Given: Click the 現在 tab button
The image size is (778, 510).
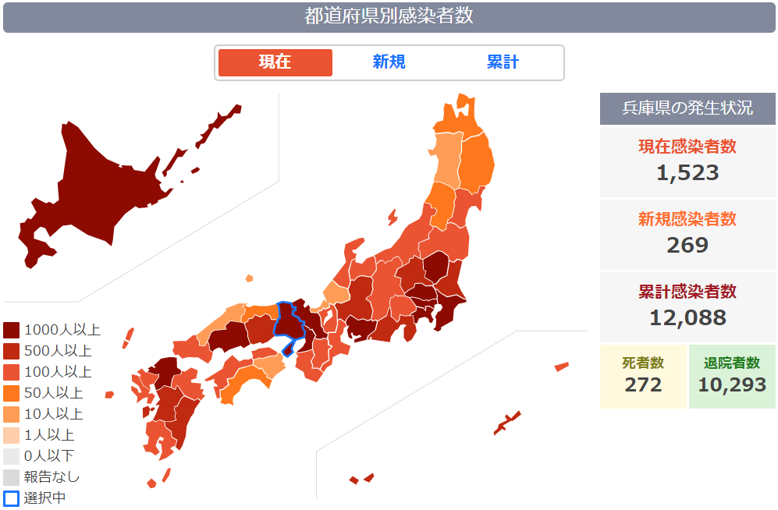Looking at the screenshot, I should tap(275, 62).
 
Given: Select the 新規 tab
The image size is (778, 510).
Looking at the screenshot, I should tap(389, 62).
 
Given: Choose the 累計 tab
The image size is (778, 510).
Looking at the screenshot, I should tap(503, 62).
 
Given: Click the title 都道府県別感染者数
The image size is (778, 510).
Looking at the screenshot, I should tap(389, 16).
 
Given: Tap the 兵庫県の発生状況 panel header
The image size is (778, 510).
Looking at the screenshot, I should tap(687, 108).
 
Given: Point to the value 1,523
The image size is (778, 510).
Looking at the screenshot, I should tap(687, 172).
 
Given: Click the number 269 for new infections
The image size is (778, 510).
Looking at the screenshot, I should tap(687, 245).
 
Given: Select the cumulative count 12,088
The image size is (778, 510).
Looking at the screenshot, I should tap(687, 317).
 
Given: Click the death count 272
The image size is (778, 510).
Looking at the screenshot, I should tap(643, 384).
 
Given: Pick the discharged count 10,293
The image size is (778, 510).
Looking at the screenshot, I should tap(732, 384).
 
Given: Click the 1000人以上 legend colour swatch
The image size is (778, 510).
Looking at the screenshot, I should tap(12, 330).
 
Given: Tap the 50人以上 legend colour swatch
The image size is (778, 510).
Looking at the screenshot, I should tap(12, 393).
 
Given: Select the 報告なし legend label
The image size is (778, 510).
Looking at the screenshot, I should tap(52, 476).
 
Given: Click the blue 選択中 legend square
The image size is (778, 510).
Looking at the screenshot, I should tap(12, 498).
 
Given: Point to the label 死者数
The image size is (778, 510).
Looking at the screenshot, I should tap(643, 363).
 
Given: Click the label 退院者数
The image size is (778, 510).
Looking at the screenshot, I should tap(732, 363).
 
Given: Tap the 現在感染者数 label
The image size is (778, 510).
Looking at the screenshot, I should tap(687, 147).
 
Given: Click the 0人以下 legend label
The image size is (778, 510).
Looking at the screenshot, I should tap(49, 455).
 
